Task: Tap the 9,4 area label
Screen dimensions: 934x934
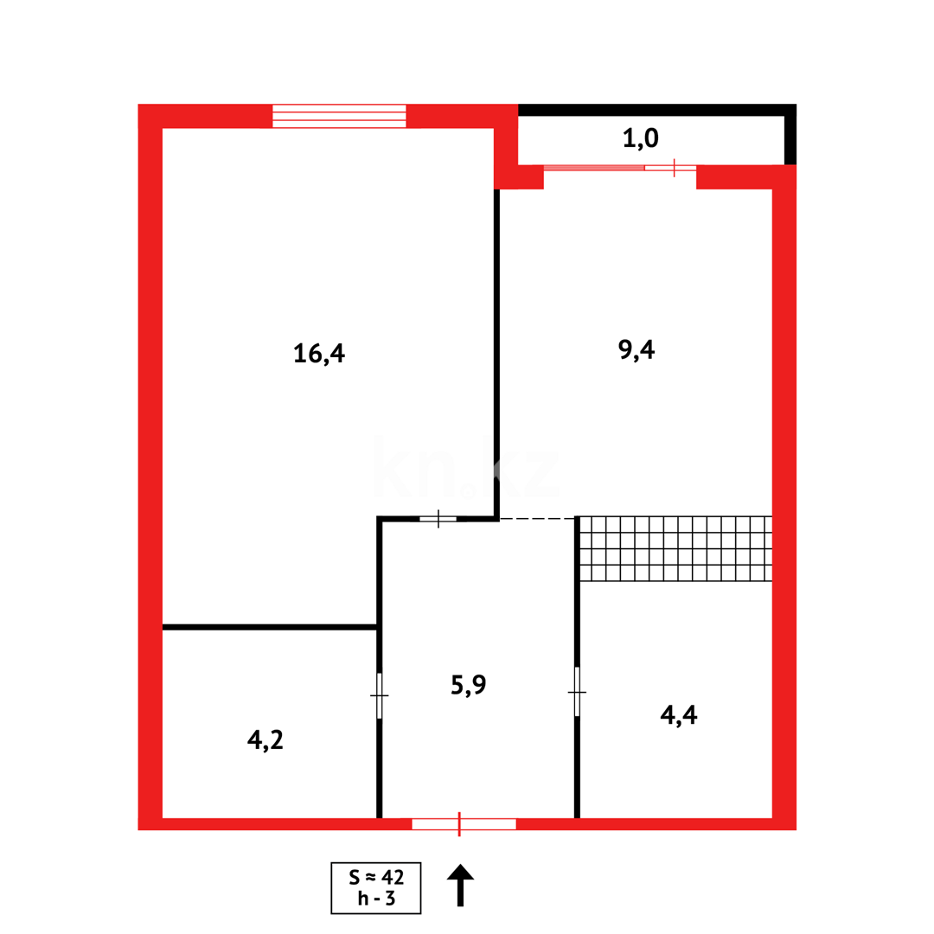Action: pos(637,349)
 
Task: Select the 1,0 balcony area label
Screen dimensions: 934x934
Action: pos(641,138)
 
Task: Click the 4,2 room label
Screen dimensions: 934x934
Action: pos(265,739)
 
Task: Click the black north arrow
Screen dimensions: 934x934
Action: pos(460,884)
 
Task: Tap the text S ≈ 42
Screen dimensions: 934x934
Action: pos(376,877)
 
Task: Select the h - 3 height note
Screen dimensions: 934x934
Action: pos(376,899)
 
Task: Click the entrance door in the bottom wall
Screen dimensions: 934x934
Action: pos(463,823)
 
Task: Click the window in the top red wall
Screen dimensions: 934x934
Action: pos(339,116)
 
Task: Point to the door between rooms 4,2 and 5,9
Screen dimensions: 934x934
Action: pos(379,695)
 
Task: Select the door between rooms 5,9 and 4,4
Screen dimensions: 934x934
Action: pos(577,691)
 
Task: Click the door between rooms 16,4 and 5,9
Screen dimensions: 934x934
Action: pos(438,519)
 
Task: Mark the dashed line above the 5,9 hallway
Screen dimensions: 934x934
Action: pos(537,518)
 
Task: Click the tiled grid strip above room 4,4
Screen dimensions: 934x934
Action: pos(675,548)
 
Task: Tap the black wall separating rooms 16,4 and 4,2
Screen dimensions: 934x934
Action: pos(269,627)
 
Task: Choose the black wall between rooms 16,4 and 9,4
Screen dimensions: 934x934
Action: pos(496,346)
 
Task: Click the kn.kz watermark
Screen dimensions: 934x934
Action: pos(467,472)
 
